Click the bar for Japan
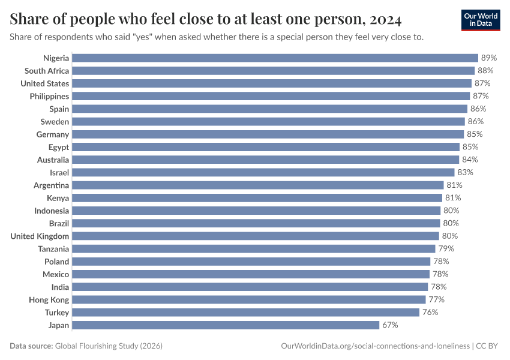point(226,325)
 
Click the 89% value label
point(489,58)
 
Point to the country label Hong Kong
point(49,299)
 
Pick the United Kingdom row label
point(40,236)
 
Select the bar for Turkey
point(245,312)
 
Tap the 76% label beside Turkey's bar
point(430,312)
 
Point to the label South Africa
point(47,71)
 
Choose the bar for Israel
point(262,172)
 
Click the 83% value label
point(465,172)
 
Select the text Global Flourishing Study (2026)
point(109,346)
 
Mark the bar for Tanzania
point(254,248)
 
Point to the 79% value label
point(446,248)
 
